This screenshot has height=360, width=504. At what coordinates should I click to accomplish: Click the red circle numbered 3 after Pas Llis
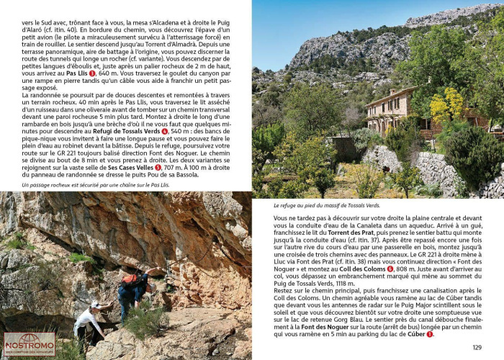[91, 73]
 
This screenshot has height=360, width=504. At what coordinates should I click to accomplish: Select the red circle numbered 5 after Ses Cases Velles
[158, 167]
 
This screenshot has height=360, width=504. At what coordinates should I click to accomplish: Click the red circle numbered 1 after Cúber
[430, 334]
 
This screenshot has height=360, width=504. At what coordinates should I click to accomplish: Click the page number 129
[477, 348]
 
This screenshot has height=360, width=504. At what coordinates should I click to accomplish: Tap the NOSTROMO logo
[30, 344]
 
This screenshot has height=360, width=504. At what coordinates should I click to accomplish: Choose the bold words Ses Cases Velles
[130, 167]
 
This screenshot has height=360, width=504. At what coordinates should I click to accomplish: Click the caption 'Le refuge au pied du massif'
[327, 205]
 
